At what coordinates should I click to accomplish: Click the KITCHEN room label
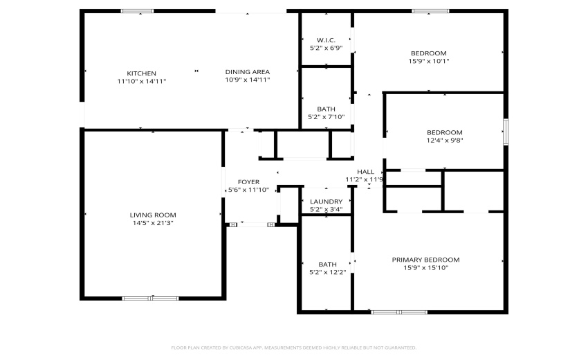pos(141,73)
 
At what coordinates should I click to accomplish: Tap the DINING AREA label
pos(247,71)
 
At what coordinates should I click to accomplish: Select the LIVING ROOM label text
pos(154,215)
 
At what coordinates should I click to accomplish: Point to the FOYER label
pos(248,182)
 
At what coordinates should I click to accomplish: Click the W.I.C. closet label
pos(326,39)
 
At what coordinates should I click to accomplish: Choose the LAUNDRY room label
pos(326,201)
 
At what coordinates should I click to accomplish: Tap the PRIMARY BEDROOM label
pos(425,260)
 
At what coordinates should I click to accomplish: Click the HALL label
pos(365,172)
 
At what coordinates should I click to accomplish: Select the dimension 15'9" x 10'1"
pos(429,61)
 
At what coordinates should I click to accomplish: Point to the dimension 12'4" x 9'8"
pos(444,140)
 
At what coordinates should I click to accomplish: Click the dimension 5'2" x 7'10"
pos(326,117)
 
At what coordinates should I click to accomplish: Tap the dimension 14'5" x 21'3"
pos(154,223)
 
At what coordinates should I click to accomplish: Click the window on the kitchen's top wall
pos(137,11)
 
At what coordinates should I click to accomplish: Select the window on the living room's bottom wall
pos(150,298)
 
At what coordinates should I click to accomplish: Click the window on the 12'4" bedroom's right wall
pos(506,132)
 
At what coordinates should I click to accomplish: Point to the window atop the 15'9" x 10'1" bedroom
pos(430,11)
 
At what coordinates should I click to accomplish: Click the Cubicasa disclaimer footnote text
pos(293,348)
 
